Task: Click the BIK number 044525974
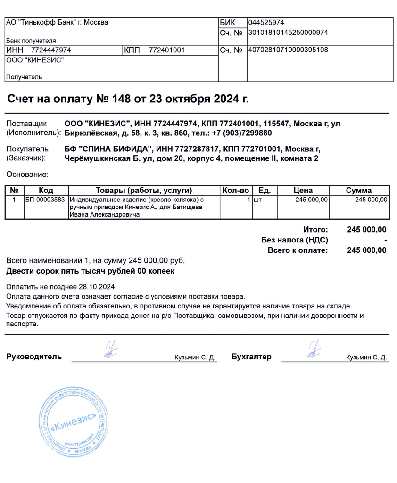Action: tap(266, 23)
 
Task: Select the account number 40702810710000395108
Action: tap(288, 50)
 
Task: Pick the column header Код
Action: tap(46, 191)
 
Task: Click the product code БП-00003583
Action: tap(45, 200)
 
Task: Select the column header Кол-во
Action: tap(235, 191)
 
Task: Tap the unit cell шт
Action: tap(257, 200)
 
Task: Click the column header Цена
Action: tap(303, 191)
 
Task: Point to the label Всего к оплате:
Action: tap(297, 250)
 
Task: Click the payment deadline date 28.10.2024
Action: tap(97, 287)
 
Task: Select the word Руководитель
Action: tap(34, 357)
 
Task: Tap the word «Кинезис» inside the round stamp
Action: tap(75, 421)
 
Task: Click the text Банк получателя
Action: tap(31, 41)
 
